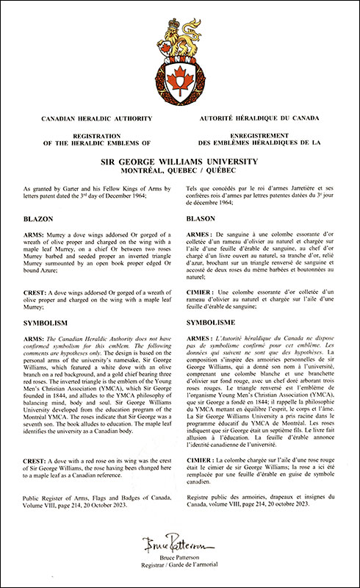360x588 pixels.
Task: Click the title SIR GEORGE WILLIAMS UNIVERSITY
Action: pyautogui.click(x=180, y=157)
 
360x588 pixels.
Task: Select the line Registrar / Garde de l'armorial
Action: pyautogui.click(x=180, y=570)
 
